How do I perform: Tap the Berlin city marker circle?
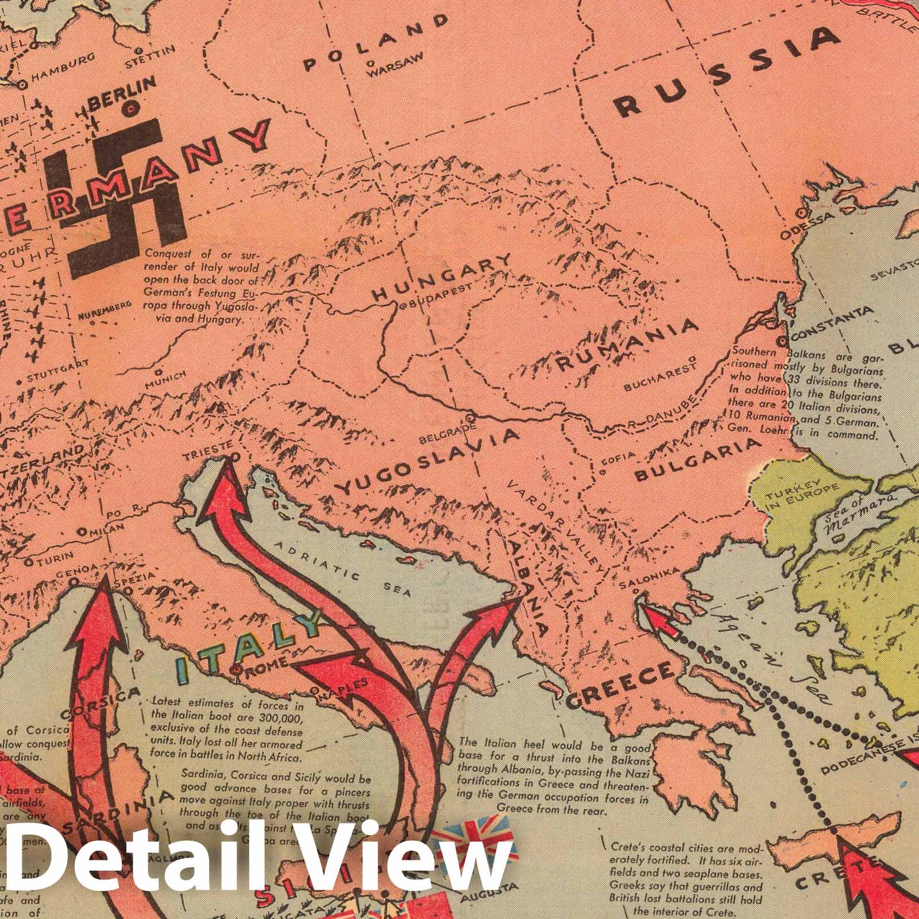pyautogui.click(x=132, y=106)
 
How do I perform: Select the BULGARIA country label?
pyautogui.click(x=697, y=459)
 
